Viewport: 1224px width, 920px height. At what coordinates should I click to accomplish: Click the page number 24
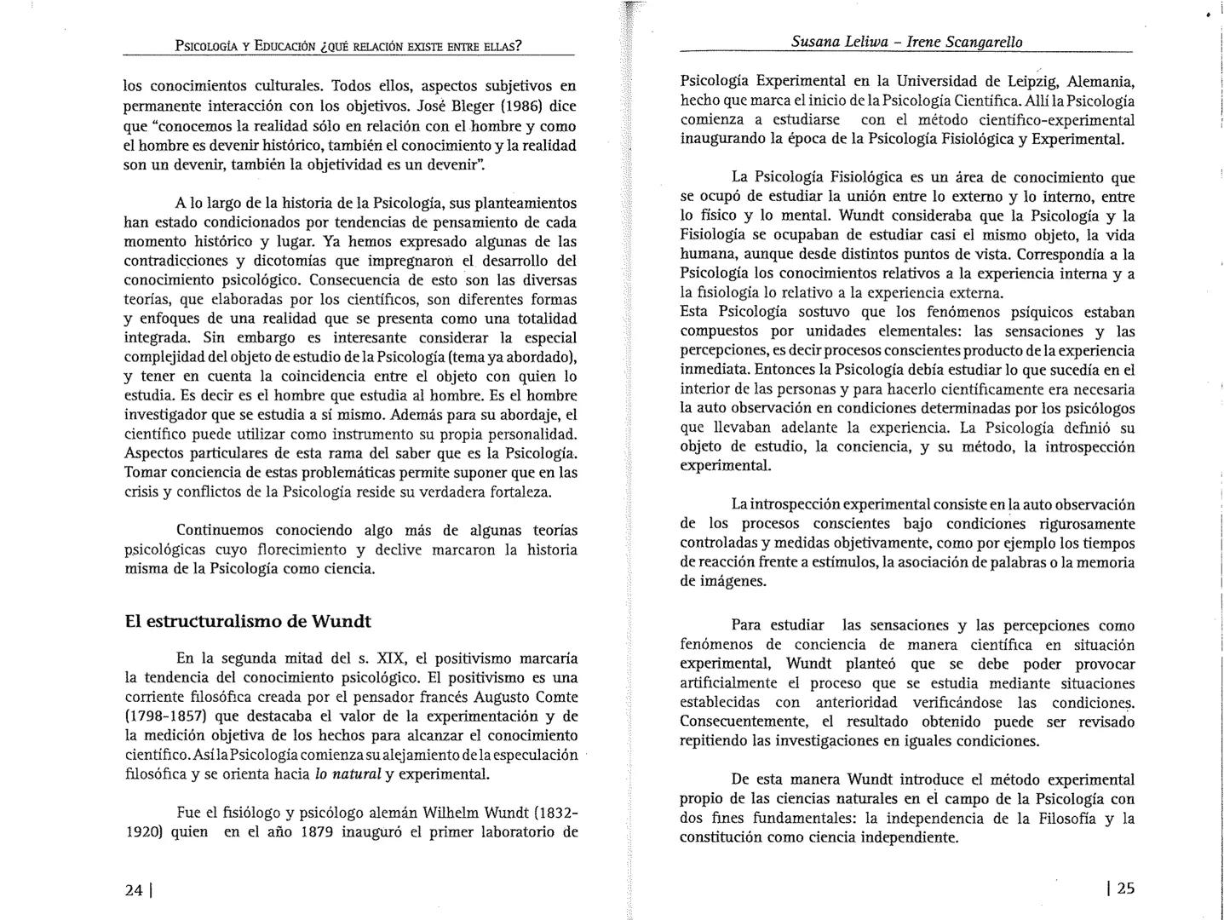[x=134, y=890]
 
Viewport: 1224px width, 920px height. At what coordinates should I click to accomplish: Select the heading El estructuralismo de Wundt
[x=248, y=621]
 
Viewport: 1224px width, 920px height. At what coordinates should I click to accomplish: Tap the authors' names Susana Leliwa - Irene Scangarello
[x=906, y=42]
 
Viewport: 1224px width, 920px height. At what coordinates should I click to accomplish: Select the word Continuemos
[x=226, y=531]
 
